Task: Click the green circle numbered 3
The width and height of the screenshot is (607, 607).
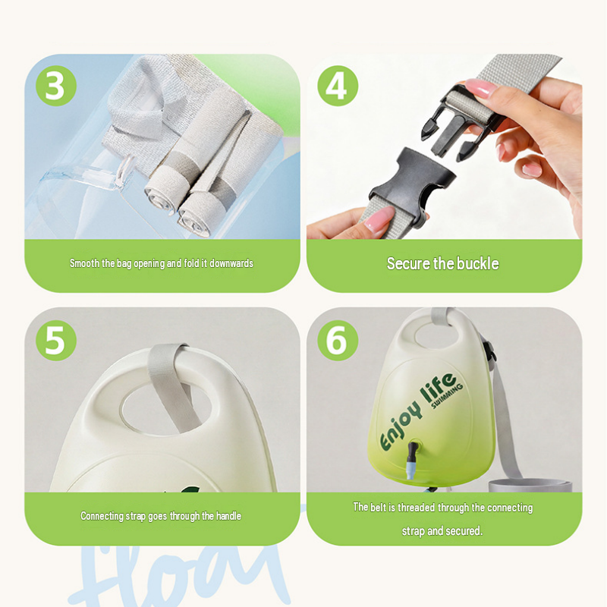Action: point(55,86)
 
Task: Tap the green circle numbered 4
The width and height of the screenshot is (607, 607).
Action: point(338,86)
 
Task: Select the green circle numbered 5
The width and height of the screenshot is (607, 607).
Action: point(55,340)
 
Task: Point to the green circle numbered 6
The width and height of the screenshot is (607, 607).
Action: point(338,340)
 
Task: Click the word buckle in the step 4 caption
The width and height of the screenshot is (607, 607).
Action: point(478,263)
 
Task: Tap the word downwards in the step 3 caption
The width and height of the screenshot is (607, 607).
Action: point(231,263)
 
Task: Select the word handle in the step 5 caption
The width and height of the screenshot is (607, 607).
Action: point(228,516)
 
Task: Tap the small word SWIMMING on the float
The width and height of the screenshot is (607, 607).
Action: point(447,396)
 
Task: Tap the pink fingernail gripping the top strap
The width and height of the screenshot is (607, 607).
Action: point(481,88)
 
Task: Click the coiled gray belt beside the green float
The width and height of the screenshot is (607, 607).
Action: point(530,485)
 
